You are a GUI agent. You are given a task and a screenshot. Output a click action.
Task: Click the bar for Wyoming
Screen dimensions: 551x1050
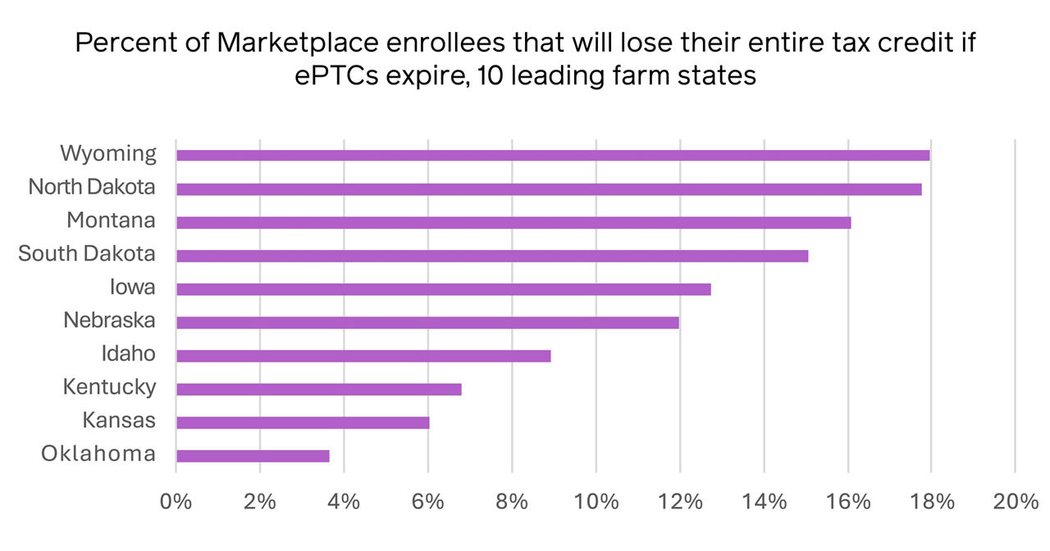point(553,156)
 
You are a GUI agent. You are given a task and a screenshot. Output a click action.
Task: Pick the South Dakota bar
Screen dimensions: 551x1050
point(492,256)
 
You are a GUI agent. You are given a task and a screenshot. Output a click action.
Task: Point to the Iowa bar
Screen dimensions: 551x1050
point(444,289)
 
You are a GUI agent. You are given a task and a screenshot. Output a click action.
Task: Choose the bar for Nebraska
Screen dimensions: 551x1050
point(427,322)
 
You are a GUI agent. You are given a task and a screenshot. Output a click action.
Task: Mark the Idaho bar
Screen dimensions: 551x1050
point(363,356)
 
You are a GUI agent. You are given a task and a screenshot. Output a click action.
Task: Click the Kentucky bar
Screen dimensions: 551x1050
point(319,389)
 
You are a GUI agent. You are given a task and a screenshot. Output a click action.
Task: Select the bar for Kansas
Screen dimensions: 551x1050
point(303,423)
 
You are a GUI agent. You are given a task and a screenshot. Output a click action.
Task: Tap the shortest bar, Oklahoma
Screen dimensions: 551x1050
point(253,456)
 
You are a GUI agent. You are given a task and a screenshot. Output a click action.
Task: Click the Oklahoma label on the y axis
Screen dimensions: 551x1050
point(98,453)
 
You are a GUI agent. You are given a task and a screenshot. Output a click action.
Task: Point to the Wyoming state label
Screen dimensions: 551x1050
point(108,153)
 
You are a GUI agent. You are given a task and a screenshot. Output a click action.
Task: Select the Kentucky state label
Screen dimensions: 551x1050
point(109,387)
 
